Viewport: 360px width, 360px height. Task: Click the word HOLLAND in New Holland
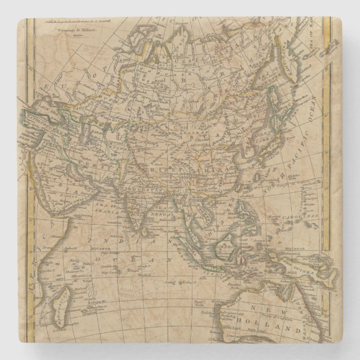(288, 325)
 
